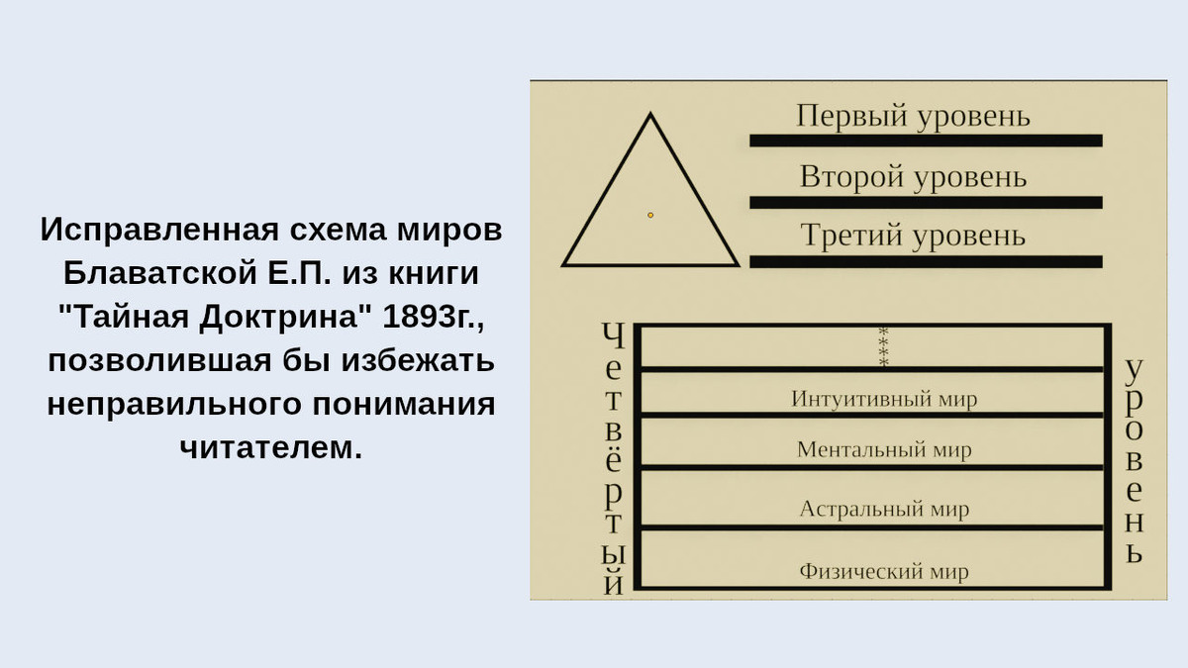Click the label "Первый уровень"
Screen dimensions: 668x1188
click(x=913, y=116)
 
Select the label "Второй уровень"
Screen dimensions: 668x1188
click(x=913, y=177)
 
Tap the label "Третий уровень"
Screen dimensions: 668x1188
click(x=913, y=236)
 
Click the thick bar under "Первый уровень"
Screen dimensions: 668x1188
click(x=926, y=141)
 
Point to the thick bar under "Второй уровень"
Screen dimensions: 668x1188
click(x=926, y=202)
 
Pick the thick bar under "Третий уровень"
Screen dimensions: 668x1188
click(x=926, y=261)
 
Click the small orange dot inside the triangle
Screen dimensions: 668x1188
click(x=650, y=215)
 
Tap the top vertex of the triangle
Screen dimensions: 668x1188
click(x=650, y=116)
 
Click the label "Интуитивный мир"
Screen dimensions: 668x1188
click(x=884, y=399)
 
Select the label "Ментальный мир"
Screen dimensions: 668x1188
click(x=884, y=450)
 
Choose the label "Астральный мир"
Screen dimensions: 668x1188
click(x=884, y=510)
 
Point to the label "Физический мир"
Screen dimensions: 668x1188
click(x=884, y=571)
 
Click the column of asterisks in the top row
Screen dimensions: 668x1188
click(x=884, y=346)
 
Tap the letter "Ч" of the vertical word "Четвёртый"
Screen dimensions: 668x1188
click(x=614, y=336)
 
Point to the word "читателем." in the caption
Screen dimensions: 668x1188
click(x=271, y=447)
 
